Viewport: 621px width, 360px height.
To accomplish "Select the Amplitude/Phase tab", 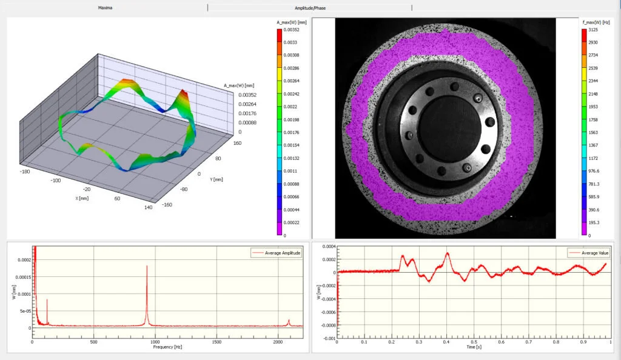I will [x=310, y=8].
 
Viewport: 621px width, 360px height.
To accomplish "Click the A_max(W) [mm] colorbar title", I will [x=292, y=22].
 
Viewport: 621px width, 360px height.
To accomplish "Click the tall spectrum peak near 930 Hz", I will [x=146, y=267].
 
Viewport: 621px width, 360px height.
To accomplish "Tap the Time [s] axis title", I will [x=471, y=348].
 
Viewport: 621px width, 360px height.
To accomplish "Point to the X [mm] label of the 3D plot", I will [x=82, y=198].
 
